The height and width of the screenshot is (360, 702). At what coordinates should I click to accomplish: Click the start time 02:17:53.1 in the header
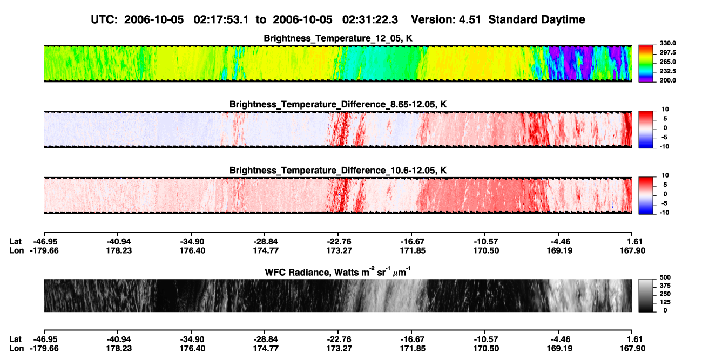221,19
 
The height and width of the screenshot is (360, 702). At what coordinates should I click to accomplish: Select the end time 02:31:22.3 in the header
370,19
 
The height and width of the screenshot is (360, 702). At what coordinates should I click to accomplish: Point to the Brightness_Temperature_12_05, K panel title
338,38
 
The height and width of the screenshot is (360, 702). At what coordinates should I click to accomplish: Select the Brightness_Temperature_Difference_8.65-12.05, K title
338,104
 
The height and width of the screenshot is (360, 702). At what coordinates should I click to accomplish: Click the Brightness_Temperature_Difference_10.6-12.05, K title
338,171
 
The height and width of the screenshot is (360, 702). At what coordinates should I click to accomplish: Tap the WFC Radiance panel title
338,272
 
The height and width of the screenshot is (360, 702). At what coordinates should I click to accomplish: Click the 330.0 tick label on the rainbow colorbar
667,43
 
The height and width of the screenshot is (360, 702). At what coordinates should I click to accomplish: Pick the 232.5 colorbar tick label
667,71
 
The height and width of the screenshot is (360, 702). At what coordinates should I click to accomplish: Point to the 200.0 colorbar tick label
667,80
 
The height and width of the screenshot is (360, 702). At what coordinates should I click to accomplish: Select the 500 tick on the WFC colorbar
665,277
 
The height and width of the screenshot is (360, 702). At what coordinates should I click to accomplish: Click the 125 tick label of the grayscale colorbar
665,302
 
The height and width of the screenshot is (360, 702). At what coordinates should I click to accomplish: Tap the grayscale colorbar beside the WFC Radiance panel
646,295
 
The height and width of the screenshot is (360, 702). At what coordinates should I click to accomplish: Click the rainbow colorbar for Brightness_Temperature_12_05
646,64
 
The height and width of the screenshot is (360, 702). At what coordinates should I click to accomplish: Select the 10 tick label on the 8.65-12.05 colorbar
665,110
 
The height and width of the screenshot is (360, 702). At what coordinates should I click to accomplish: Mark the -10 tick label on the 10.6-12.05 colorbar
664,213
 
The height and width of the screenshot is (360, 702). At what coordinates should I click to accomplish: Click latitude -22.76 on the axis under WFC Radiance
339,339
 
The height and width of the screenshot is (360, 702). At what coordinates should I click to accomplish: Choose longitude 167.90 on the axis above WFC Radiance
632,250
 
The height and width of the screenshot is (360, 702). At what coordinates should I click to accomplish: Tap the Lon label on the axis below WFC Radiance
16,349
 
